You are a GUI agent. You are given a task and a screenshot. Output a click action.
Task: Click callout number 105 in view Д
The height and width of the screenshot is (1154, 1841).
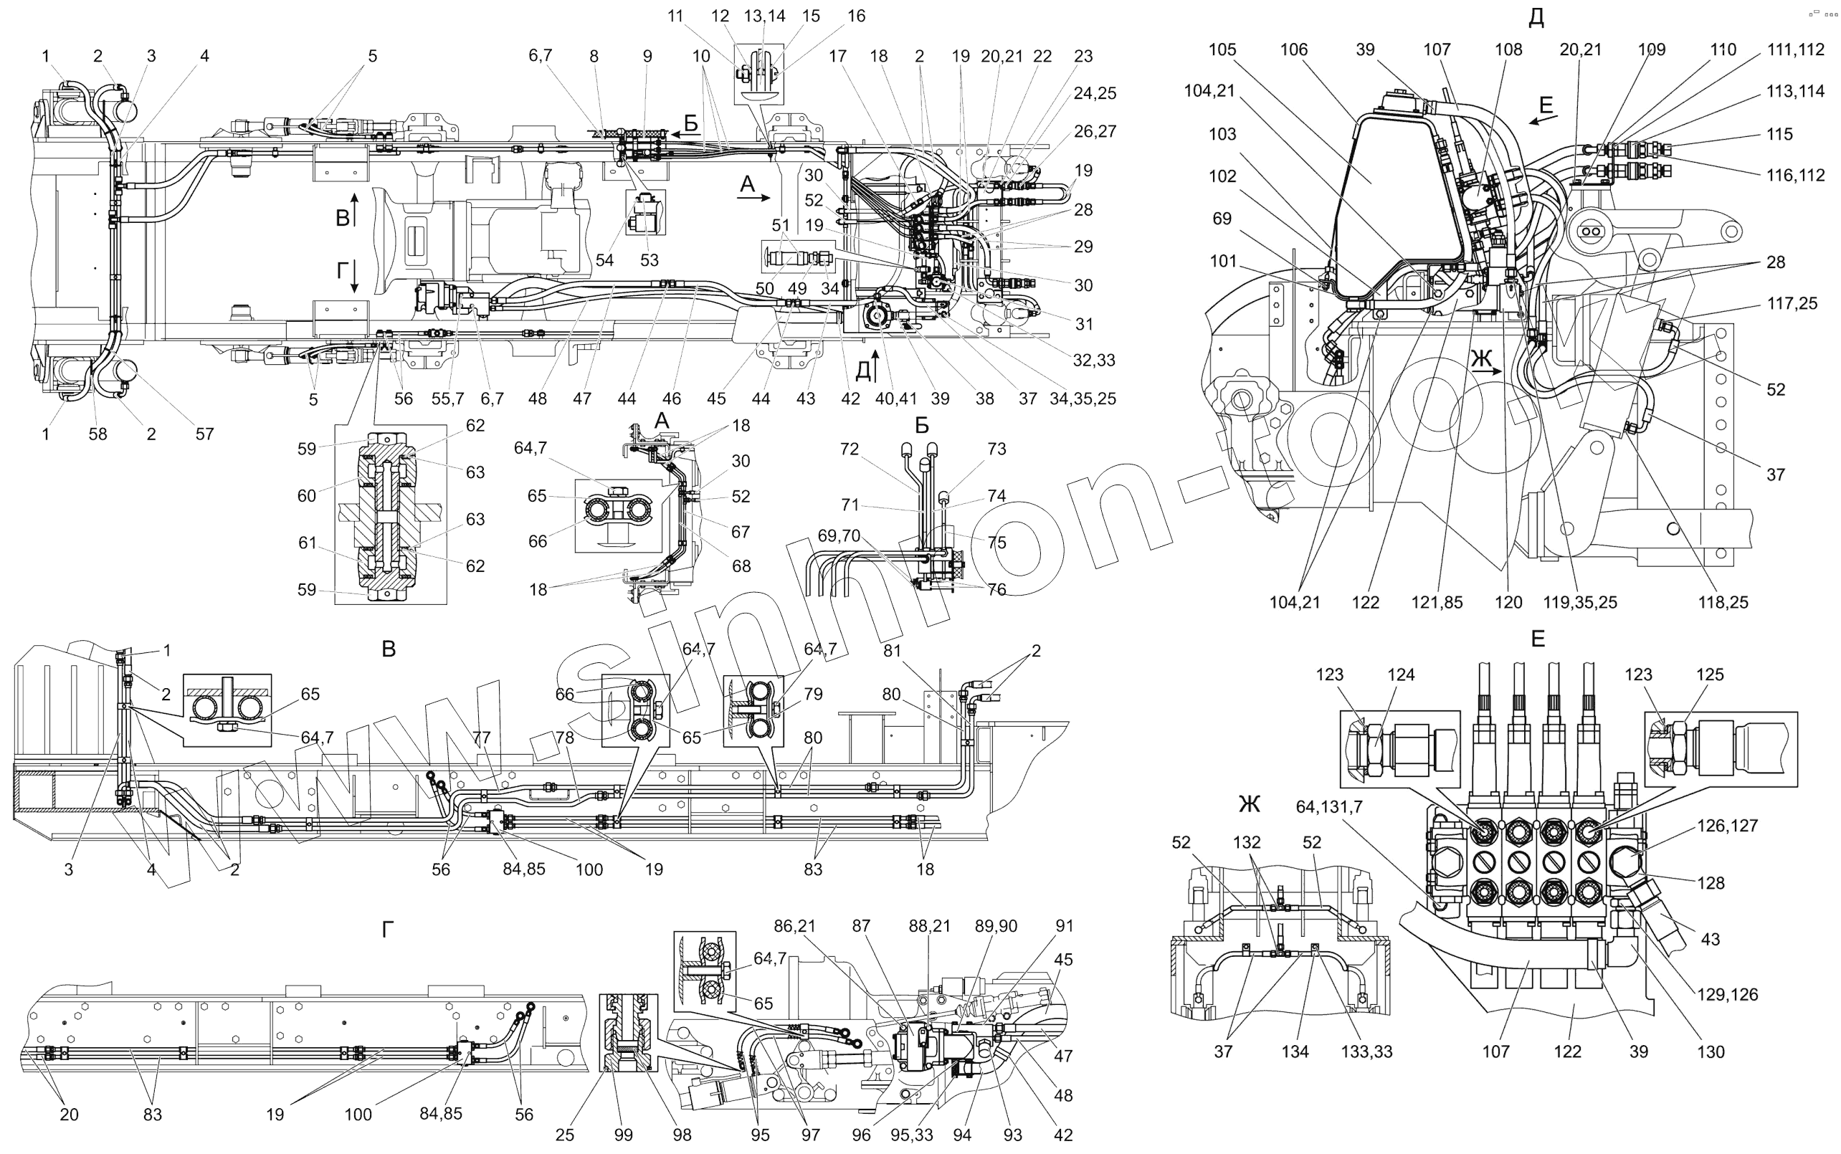point(1222,49)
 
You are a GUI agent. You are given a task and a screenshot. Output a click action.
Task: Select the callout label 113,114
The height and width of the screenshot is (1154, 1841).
point(1795,92)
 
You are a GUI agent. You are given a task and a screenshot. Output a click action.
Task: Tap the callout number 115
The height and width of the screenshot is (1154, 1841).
point(1779,134)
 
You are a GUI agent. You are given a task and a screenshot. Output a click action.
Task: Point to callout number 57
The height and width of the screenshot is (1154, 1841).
point(204,434)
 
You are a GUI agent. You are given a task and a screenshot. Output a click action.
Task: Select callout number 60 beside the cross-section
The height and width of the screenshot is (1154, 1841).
point(306,496)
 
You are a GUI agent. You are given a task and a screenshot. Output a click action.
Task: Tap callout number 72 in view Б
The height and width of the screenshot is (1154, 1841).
point(850,449)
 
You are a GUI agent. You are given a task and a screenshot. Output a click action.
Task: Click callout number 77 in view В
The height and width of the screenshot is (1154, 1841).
point(481,738)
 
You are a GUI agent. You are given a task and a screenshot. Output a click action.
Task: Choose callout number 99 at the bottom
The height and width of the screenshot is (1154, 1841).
point(624,1135)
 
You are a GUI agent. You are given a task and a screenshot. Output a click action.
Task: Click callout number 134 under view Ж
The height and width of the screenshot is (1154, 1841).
point(1295,1052)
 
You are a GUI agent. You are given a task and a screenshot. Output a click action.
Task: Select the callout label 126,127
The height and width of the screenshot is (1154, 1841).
point(1727,826)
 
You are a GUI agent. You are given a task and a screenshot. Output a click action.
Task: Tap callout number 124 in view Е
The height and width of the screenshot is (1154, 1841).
point(1401,674)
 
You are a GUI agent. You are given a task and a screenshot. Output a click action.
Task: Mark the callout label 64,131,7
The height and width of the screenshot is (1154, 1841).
point(1329,807)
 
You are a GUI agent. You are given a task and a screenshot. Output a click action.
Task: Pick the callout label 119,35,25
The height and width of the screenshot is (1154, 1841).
point(1579,602)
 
